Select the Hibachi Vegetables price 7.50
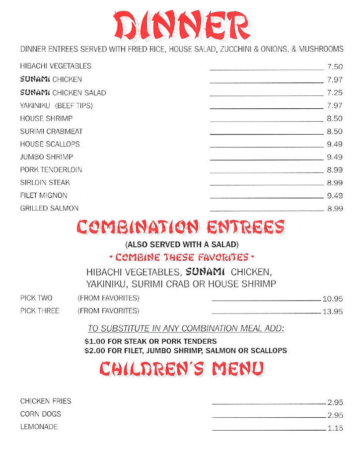pyautogui.click(x=335, y=67)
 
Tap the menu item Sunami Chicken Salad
pyautogui.click(x=63, y=93)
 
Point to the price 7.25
pyautogui.click(x=335, y=93)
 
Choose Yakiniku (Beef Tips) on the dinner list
pyautogui.click(x=56, y=106)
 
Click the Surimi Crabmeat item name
pyautogui.click(x=51, y=132)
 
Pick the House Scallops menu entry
pyautogui.click(x=50, y=144)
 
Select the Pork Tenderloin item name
pyautogui.click(x=51, y=170)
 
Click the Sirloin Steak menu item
pyautogui.click(x=45, y=183)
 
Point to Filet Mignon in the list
pyautogui.click(x=44, y=196)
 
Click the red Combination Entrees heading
pyautogui.click(x=181, y=227)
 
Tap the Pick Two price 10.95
pyautogui.click(x=333, y=299)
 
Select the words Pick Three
pyautogui.click(x=40, y=311)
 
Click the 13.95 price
pyautogui.click(x=333, y=312)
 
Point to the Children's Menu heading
pyautogui.click(x=181, y=369)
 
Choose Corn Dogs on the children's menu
pyautogui.click(x=41, y=414)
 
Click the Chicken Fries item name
pyautogui.click(x=46, y=401)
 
